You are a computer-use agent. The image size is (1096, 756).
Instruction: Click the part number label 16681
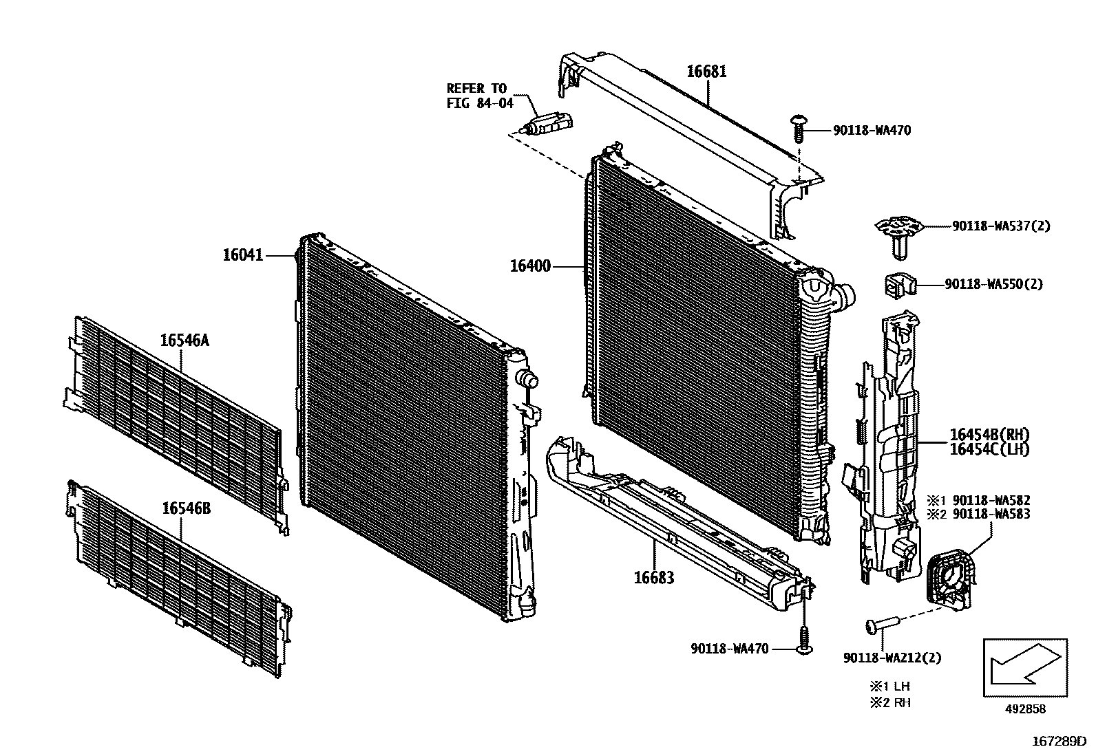pos(706,72)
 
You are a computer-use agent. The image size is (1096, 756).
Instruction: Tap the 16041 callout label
pos(242,255)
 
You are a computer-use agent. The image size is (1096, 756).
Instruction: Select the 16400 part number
pos(530,266)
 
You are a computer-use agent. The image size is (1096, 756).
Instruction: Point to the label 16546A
pos(184,340)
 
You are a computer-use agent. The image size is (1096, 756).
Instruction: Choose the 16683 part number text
pos(653,577)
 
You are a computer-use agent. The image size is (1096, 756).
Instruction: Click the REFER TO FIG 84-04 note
pos(480,96)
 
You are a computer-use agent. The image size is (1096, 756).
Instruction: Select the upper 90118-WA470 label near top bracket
pos(872,130)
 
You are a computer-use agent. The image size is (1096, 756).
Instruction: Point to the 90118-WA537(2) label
pos(1001,226)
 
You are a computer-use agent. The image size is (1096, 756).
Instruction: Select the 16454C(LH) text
pos(989,449)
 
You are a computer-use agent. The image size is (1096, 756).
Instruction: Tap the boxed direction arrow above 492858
pos(1024,667)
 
